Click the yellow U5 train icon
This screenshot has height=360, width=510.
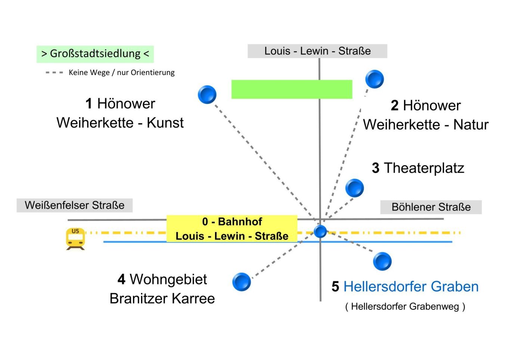(x=75, y=239)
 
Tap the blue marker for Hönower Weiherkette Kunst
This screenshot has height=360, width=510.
(x=207, y=94)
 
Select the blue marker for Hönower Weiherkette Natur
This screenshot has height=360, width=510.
(x=374, y=79)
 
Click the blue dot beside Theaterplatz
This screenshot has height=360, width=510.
(x=354, y=188)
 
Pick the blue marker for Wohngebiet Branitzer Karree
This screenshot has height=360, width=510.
(x=242, y=282)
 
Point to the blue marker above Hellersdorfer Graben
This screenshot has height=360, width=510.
(x=382, y=261)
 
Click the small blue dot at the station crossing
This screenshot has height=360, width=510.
(x=320, y=231)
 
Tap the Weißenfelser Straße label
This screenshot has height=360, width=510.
(x=75, y=205)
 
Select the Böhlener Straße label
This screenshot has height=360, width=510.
(x=431, y=207)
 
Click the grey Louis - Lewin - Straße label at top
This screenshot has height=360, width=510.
(x=317, y=51)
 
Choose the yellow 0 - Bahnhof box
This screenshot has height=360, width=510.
(x=232, y=228)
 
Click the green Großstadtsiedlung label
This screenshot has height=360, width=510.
(x=95, y=54)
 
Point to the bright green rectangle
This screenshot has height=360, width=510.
(x=292, y=89)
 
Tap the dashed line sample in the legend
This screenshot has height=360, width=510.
(x=54, y=73)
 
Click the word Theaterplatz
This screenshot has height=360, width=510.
(x=424, y=168)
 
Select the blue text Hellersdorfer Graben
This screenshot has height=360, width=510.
(x=411, y=286)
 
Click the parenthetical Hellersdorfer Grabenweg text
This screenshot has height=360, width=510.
(x=405, y=307)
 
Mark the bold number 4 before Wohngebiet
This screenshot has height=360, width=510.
(x=121, y=279)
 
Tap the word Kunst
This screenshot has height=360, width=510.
(x=165, y=123)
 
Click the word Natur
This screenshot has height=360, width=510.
(x=471, y=125)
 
